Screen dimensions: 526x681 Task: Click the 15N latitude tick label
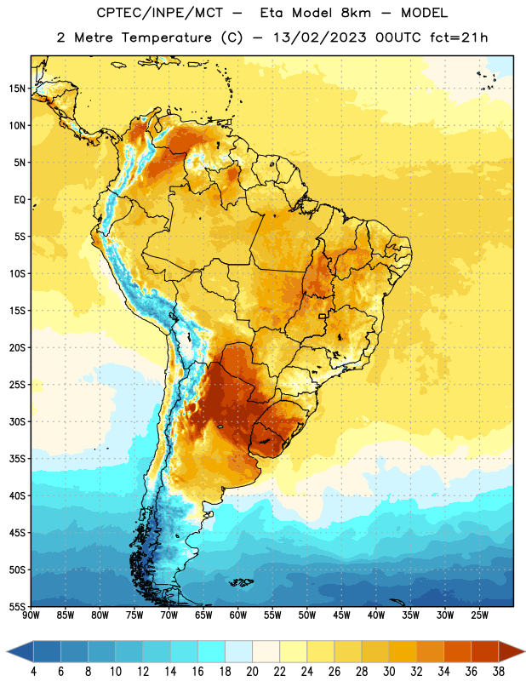click(17, 89)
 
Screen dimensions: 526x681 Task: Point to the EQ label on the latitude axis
click(20, 200)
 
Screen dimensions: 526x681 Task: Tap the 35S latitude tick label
click(17, 459)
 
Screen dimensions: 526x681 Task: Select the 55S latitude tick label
click(17, 607)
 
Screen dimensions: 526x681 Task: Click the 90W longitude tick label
click(31, 615)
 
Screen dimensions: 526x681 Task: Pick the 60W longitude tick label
click(238, 615)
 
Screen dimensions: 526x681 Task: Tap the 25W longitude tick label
click(479, 615)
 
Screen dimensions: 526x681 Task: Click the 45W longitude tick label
click(341, 615)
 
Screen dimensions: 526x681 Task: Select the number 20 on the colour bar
click(252, 672)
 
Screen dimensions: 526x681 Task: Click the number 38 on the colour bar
click(498, 672)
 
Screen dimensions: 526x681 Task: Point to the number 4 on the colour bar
click(33, 672)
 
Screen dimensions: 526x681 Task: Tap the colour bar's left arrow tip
click(7, 652)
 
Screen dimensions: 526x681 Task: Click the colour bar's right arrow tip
click(524, 652)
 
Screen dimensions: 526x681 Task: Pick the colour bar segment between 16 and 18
click(211, 652)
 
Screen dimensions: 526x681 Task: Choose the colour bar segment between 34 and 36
click(457, 652)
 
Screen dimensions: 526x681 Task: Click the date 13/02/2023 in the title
click(320, 37)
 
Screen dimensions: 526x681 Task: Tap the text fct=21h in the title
click(459, 37)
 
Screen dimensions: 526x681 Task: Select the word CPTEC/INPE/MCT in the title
click(159, 13)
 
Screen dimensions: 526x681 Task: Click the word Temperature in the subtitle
click(166, 38)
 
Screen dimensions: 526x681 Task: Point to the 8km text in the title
click(356, 13)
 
